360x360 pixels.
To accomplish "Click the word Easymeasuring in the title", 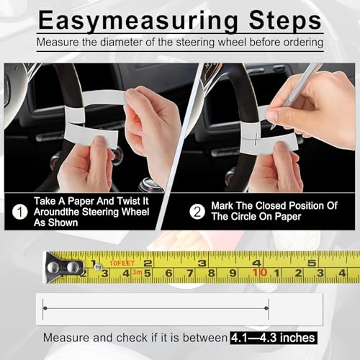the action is point(138,21).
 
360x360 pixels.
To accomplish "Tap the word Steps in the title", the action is point(285,20).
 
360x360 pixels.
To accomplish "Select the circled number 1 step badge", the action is point(20,212).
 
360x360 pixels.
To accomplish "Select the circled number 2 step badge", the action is point(197,212).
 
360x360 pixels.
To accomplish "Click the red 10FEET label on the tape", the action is point(122,264).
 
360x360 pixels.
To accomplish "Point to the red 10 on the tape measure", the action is point(260,272).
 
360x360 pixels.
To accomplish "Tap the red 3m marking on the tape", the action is point(137,272).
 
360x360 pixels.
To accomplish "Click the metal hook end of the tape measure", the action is point(64,267).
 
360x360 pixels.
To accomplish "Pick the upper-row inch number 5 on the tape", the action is point(312,263).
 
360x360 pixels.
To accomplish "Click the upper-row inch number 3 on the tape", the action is point(202,264).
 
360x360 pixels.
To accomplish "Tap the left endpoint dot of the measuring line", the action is point(45,308).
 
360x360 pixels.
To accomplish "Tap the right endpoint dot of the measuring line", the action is point(266,308).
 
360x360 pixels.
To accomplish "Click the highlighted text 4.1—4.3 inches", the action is point(274,338).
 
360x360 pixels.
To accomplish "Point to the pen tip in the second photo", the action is point(271,127).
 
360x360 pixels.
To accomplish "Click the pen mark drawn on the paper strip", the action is point(256,139).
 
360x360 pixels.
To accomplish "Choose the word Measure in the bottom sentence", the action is point(66,338).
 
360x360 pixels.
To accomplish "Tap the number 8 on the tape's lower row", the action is point(211,273).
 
